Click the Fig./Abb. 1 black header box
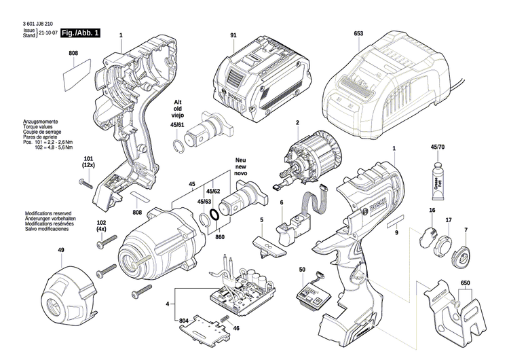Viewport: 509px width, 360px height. pos(79,33)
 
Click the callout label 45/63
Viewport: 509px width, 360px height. pos(204,202)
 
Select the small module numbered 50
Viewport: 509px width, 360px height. pos(312,290)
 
